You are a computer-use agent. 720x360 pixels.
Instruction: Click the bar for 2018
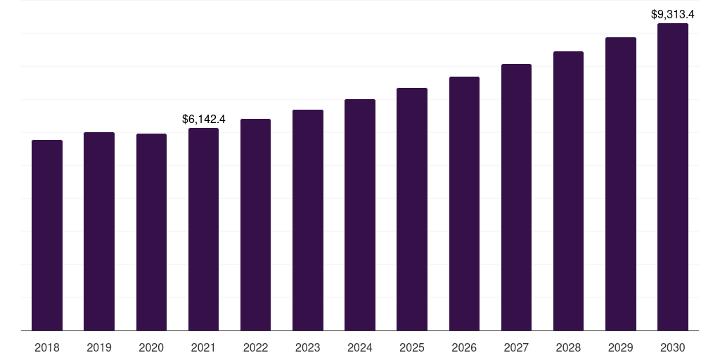(47, 236)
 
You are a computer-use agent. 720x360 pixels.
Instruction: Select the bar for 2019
(99, 231)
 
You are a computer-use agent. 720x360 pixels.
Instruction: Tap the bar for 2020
(151, 232)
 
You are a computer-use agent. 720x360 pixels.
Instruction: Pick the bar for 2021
(203, 229)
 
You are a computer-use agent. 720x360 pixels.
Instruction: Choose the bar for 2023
(308, 220)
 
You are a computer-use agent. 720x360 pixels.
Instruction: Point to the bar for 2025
(412, 210)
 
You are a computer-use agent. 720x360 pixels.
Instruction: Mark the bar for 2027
(516, 198)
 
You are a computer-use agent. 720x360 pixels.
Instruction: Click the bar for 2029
(621, 184)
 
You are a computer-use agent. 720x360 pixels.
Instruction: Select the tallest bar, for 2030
(673, 177)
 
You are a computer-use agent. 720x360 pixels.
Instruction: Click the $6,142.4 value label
(203, 120)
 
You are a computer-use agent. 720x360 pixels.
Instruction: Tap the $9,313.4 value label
(673, 14)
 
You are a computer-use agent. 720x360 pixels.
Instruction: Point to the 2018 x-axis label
(47, 347)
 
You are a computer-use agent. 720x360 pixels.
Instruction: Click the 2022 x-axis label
(256, 347)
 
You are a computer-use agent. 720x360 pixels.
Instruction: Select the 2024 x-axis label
(360, 347)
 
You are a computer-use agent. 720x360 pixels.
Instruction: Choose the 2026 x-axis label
(464, 347)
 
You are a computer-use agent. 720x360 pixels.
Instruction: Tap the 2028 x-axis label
(568, 347)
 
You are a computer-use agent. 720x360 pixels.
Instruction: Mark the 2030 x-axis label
(673, 347)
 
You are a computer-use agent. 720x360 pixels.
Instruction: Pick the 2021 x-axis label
(203, 347)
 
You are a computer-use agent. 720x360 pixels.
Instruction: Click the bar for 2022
(256, 225)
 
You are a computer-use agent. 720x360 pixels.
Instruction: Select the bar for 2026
(464, 204)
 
